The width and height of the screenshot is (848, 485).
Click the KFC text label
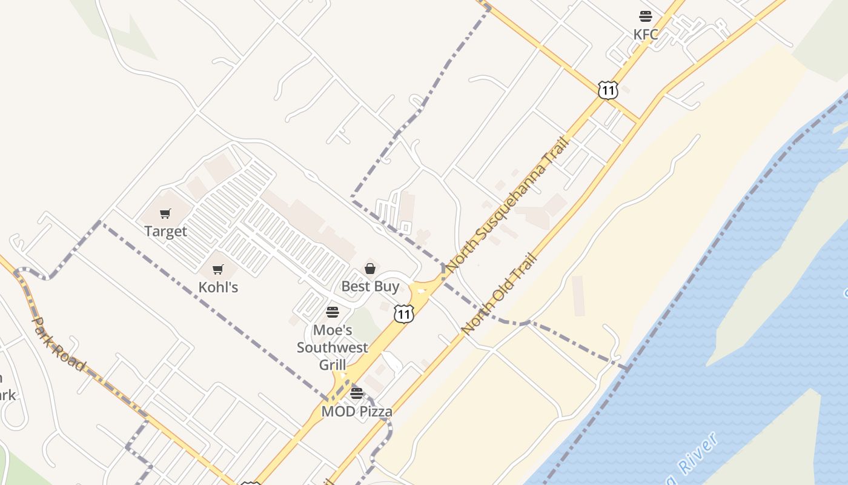(x=646, y=35)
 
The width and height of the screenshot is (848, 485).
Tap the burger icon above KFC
(x=646, y=16)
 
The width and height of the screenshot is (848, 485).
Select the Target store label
(x=165, y=231)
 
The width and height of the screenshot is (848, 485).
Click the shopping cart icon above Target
(x=165, y=213)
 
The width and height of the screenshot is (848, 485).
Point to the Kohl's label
(x=218, y=287)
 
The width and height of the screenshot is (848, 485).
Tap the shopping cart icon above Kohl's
(x=218, y=269)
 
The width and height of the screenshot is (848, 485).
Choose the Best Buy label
(x=370, y=286)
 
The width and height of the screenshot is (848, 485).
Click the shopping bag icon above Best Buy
(x=370, y=269)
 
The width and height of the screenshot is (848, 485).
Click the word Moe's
(x=333, y=330)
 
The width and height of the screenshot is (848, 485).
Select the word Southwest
(x=333, y=347)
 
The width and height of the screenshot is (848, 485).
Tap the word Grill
(x=333, y=364)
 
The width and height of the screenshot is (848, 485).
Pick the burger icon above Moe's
(x=333, y=312)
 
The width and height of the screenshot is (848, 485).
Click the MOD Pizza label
(x=357, y=411)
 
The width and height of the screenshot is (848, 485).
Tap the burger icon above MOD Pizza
(x=357, y=393)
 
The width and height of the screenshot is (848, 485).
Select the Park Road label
(x=59, y=343)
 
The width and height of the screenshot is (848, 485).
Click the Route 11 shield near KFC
(x=608, y=90)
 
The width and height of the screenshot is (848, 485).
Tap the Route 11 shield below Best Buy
(x=403, y=313)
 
